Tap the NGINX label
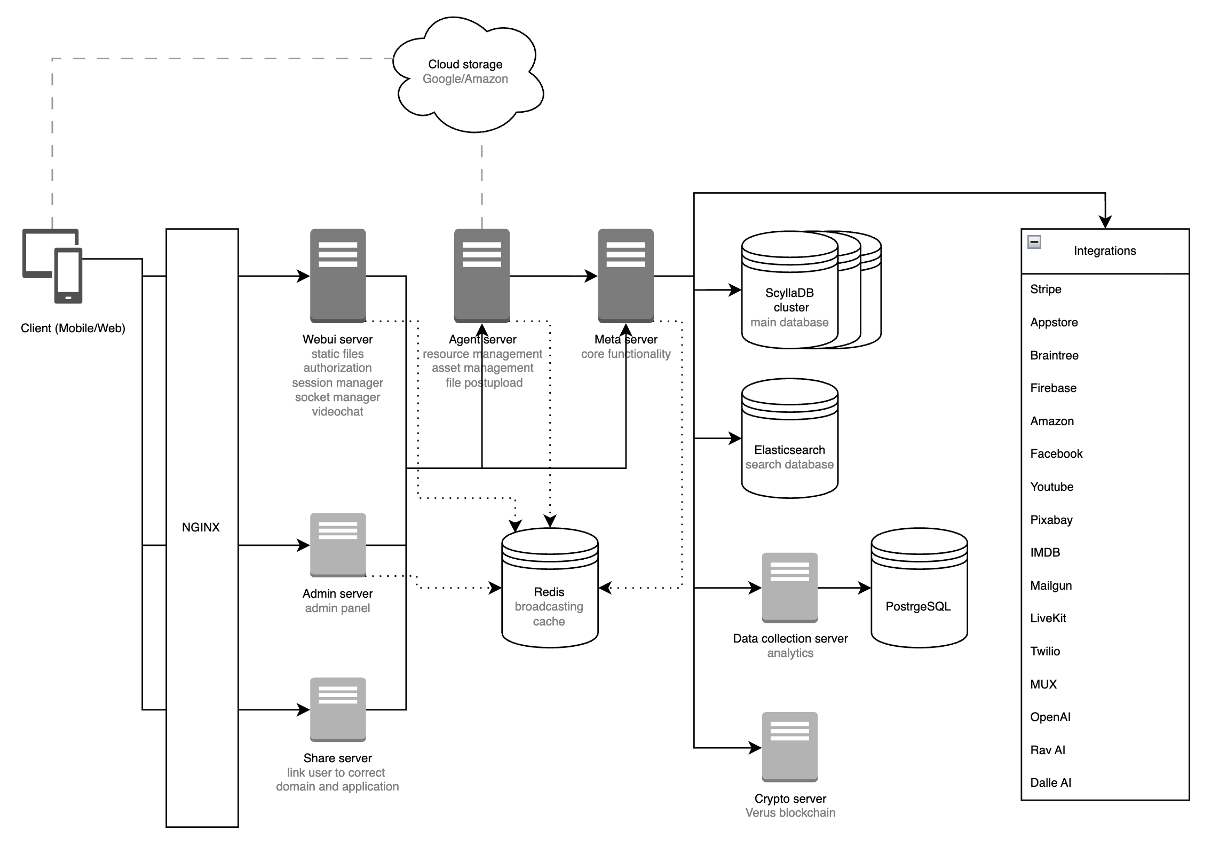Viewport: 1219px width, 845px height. pos(201,527)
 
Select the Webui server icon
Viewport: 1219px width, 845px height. pos(338,276)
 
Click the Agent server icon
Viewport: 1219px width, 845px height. pos(481,276)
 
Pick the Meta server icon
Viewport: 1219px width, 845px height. pos(626,276)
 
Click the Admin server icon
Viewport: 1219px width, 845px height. pos(338,545)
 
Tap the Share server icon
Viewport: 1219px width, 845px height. pos(338,709)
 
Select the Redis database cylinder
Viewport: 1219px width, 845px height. pos(550,588)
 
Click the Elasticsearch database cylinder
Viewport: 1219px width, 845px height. pos(789,438)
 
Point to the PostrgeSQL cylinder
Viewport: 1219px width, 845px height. pos(919,588)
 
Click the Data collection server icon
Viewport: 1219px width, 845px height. pos(789,588)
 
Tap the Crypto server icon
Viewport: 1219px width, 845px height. pos(789,747)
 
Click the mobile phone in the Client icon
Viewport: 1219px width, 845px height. pos(68,276)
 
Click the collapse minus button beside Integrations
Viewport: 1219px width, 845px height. pos(1034,242)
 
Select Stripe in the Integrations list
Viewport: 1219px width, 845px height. pos(1046,290)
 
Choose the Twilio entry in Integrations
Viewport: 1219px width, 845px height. pos(1045,651)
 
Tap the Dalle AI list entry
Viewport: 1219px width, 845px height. pos(1050,783)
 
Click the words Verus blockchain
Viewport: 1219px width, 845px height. pos(790,812)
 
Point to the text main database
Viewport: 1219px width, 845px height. pos(789,322)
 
